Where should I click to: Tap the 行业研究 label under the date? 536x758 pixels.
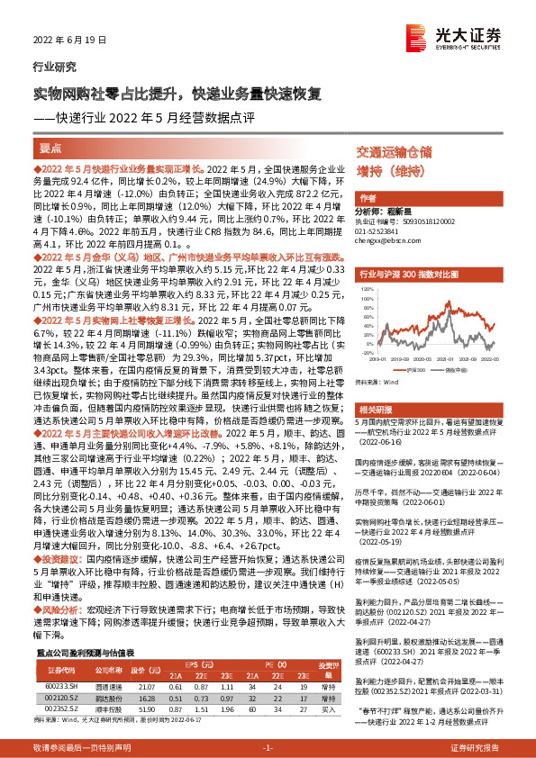tap(54, 67)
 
